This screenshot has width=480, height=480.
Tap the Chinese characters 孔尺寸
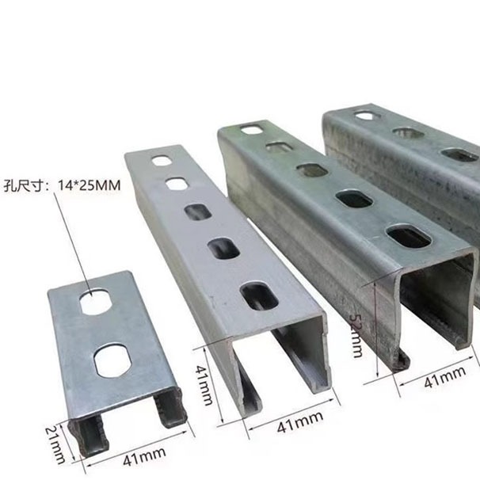click(23, 186)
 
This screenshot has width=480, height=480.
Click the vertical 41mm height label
click(204, 385)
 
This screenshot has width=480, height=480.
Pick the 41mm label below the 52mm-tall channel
click(445, 377)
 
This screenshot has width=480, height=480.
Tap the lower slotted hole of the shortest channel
click(113, 360)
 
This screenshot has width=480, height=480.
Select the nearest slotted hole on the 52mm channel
click(409, 236)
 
